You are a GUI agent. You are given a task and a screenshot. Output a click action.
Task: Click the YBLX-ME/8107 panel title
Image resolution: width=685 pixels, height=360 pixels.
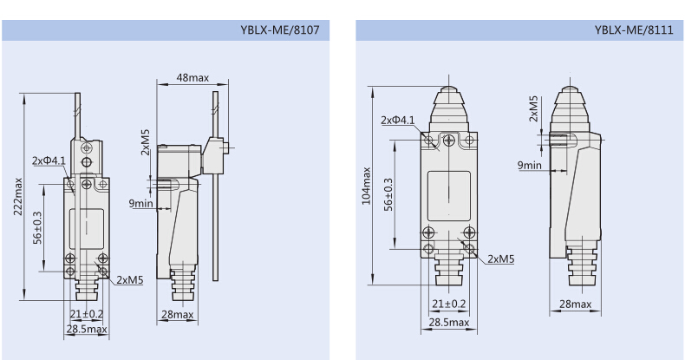[x=280, y=30]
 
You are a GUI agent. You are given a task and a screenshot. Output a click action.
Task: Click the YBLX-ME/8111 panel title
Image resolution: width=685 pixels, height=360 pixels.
[x=634, y=30]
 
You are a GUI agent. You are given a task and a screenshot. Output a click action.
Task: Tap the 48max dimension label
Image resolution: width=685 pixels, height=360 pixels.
[x=192, y=78]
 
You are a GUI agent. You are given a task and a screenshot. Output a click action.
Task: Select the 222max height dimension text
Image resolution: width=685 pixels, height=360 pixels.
[x=18, y=196]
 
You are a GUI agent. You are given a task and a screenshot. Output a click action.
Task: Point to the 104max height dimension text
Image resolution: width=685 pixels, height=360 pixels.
[x=367, y=186]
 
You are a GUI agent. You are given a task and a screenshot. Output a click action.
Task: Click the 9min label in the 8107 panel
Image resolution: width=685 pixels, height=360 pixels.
[x=140, y=203]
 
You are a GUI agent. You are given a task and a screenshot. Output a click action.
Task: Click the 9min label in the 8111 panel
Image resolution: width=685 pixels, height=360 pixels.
[x=530, y=165]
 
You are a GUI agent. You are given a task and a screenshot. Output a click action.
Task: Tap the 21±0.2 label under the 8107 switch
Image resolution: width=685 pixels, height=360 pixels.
[x=87, y=314]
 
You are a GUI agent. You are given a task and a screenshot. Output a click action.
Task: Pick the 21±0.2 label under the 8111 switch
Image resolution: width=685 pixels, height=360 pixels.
[x=448, y=304]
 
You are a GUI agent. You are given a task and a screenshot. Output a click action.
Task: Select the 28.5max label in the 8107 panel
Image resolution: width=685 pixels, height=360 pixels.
[x=87, y=329]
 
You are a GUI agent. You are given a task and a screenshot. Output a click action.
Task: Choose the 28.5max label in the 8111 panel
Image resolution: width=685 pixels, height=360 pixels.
[x=448, y=323]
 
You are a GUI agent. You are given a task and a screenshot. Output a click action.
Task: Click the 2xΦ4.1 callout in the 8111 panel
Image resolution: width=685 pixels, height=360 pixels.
[x=397, y=121]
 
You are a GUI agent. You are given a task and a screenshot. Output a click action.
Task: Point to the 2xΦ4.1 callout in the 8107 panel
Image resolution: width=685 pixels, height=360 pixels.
[x=49, y=160]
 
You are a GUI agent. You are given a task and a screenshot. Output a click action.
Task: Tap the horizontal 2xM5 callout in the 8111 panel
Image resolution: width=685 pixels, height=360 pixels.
[x=500, y=259]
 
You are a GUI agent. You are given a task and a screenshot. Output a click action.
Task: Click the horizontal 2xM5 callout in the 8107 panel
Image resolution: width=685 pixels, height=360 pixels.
[x=130, y=280]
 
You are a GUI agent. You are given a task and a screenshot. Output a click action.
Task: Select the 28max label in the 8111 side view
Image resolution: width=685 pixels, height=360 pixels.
[x=576, y=304]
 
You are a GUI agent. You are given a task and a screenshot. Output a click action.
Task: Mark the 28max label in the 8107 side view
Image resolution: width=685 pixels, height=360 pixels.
[x=178, y=315]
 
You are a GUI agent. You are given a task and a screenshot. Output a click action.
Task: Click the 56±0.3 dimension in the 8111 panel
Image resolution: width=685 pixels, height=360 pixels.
[x=388, y=194]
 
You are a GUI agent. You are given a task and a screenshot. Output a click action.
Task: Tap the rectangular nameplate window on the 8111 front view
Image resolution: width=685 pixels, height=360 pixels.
[x=449, y=196]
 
